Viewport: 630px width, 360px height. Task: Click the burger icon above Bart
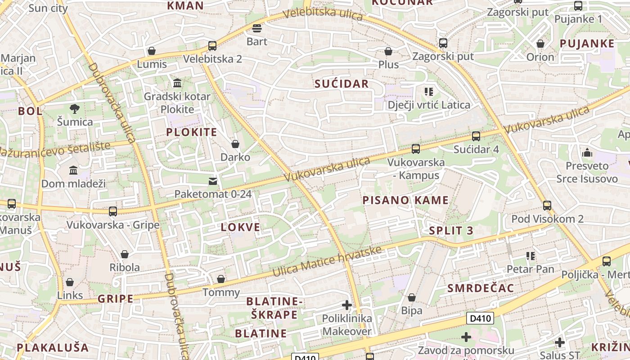point(257,28)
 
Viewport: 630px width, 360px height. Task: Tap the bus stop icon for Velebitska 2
point(212,45)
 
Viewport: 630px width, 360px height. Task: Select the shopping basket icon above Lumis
point(152,51)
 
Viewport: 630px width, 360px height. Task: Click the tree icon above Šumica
point(74,108)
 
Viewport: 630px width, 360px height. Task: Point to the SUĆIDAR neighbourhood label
point(342,84)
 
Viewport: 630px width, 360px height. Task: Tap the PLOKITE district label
point(192,132)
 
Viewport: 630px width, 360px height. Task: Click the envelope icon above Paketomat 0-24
point(212,181)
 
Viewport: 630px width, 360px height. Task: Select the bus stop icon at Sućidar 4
point(476,136)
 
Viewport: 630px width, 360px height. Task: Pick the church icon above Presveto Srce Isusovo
point(587,153)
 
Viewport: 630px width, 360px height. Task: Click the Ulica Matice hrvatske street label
point(327,261)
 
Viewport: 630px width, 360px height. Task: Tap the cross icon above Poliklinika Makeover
point(346,305)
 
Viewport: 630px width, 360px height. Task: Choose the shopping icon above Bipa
point(411,297)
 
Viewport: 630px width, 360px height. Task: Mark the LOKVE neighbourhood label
point(241,227)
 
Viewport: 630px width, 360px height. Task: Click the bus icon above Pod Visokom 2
point(547,206)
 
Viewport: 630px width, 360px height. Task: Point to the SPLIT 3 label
point(451,231)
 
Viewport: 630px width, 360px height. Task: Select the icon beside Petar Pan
point(531,256)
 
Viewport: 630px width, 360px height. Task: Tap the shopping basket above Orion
point(540,44)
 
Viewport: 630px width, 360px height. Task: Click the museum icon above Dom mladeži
point(73,170)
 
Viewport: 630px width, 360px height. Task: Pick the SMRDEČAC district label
point(481,288)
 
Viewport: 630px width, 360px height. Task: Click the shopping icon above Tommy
point(220,279)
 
